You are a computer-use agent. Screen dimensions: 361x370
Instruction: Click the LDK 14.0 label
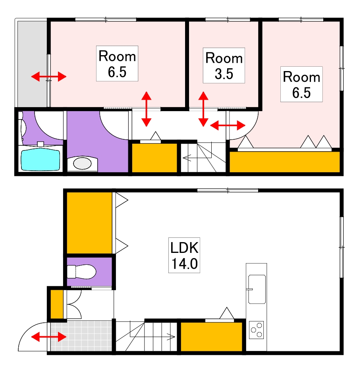(184, 255)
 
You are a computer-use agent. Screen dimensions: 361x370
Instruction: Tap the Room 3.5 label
(224, 66)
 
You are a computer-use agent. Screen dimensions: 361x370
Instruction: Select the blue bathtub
(41, 159)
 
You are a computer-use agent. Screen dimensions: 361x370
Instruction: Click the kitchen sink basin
(257, 289)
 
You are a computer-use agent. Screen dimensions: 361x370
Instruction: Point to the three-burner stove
(257, 330)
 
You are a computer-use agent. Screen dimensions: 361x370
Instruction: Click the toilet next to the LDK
(81, 272)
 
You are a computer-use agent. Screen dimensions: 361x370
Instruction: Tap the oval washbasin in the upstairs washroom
(82, 163)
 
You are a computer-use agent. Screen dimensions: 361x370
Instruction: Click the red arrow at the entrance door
(48, 337)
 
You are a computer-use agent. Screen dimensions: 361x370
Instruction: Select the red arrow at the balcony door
(48, 77)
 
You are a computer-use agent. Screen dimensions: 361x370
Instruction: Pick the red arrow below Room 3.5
(203, 109)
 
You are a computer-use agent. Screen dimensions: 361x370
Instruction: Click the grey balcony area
(32, 64)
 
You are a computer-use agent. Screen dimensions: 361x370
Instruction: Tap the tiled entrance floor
(81, 336)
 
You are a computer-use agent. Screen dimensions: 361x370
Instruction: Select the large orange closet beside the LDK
(89, 223)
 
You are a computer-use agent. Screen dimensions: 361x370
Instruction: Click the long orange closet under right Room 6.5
(284, 162)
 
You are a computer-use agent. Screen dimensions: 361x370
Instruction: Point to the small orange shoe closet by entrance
(57, 304)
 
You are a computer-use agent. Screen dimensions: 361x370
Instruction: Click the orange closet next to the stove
(212, 337)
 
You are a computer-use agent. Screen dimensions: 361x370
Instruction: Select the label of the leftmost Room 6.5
(117, 64)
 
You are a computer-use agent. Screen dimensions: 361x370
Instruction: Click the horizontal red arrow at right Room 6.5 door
(228, 125)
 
